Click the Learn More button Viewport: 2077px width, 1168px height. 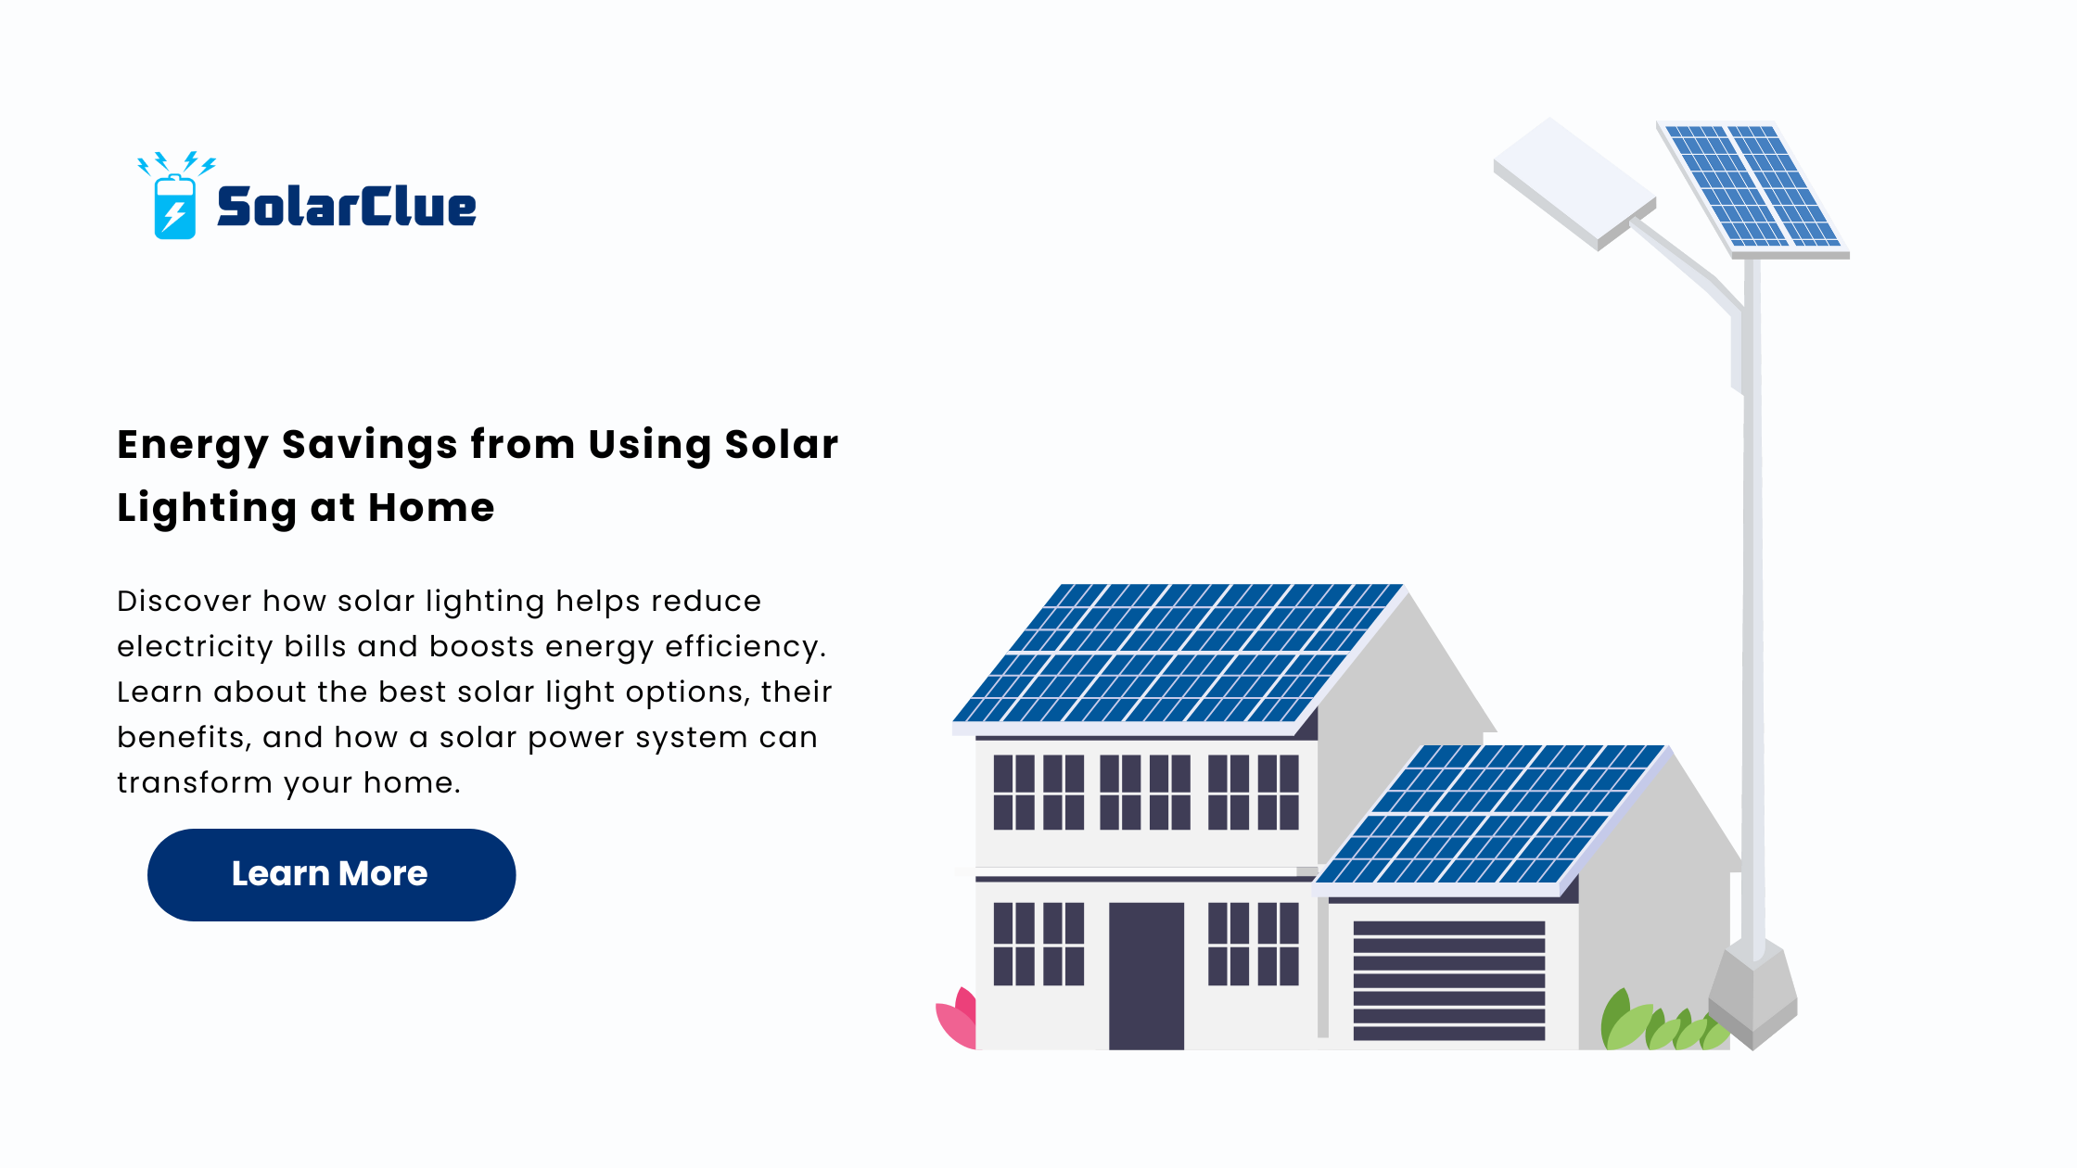coord(331,874)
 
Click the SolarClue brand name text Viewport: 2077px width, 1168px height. coord(346,207)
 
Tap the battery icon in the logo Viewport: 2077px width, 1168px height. coord(174,206)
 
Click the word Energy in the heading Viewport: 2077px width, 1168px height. coord(193,446)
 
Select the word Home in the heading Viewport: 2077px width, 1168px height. coord(431,508)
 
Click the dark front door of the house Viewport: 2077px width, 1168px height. coord(1146,976)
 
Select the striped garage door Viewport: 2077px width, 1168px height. coord(1449,981)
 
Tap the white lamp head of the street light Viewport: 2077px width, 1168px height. coord(1574,183)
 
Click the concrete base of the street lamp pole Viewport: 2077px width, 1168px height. coord(1752,997)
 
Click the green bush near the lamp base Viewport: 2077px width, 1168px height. coord(1660,1022)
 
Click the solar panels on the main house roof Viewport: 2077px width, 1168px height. coord(1178,653)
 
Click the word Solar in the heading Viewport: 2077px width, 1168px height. coord(782,445)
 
